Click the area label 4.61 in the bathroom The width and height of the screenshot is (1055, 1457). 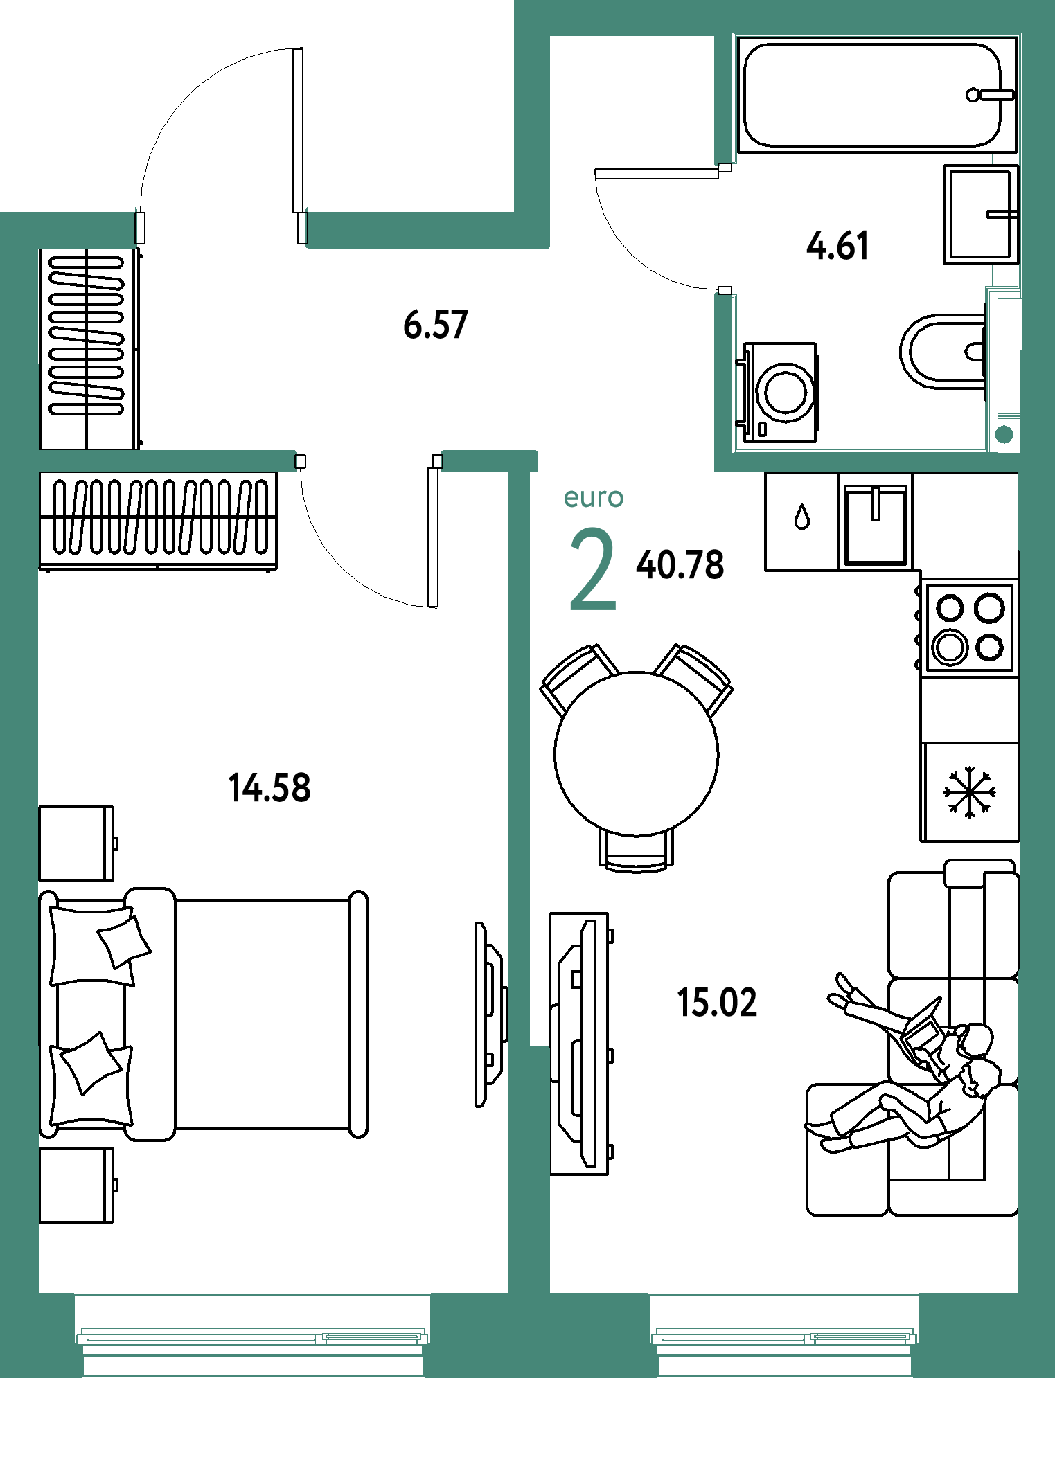click(x=837, y=247)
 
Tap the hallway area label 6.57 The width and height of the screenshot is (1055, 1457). click(x=436, y=325)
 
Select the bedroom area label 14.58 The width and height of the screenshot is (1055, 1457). click(x=269, y=788)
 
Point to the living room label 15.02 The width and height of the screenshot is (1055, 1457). click(x=717, y=1003)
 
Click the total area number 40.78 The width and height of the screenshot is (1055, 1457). click(x=680, y=564)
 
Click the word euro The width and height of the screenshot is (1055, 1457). click(x=594, y=498)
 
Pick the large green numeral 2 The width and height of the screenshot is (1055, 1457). click(x=593, y=569)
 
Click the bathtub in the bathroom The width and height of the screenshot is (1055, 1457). click(x=877, y=95)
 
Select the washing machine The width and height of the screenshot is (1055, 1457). click(x=779, y=392)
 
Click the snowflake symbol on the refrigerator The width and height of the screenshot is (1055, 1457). click(x=969, y=792)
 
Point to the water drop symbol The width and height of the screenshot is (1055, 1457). click(x=802, y=517)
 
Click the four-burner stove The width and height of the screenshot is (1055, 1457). click(x=969, y=627)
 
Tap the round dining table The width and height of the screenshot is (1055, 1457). click(x=637, y=754)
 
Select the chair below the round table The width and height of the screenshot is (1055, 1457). click(x=637, y=852)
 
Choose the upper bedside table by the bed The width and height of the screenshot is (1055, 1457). click(x=77, y=843)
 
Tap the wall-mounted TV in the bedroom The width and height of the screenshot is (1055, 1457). click(x=491, y=1014)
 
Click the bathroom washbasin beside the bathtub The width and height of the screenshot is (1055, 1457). click(x=981, y=214)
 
